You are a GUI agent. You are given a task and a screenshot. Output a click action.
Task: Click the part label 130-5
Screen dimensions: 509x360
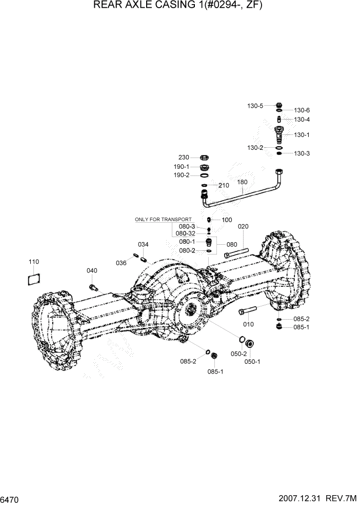click(255, 106)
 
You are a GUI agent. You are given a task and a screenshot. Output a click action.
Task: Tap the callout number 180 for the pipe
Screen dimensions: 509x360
click(242, 182)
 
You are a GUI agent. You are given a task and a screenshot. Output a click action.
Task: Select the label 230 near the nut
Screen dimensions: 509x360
click(184, 158)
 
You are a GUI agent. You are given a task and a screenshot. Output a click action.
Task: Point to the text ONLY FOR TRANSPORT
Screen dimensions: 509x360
click(163, 220)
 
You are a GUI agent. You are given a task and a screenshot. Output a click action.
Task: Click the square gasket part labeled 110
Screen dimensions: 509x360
click(34, 280)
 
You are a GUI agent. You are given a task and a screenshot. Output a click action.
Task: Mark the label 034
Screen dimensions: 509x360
click(143, 244)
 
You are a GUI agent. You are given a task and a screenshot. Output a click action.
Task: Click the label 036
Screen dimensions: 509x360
click(121, 263)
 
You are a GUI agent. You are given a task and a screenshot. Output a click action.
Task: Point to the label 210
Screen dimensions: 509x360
click(224, 185)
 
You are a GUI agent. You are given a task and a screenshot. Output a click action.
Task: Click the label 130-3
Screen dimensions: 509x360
click(301, 153)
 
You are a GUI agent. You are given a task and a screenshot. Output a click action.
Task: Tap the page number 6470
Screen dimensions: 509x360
click(10, 499)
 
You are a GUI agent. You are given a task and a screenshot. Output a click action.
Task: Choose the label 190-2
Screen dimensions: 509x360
click(181, 175)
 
